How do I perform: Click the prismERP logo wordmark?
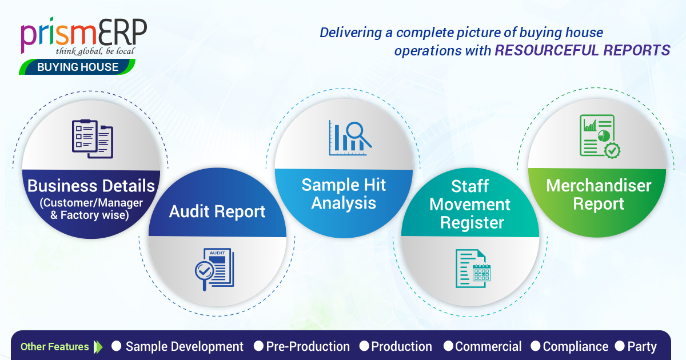click(x=83, y=35)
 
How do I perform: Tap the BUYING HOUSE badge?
click(x=77, y=67)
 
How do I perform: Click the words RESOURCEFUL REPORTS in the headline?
click(x=583, y=50)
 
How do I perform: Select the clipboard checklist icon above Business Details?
click(x=93, y=139)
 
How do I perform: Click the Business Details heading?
click(x=91, y=186)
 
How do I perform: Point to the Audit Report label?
click(x=217, y=211)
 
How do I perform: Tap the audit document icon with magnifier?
click(x=215, y=269)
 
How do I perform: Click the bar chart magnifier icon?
click(x=350, y=138)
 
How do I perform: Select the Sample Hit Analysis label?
click(x=344, y=194)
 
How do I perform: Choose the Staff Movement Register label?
click(x=470, y=204)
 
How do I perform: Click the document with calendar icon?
click(x=473, y=269)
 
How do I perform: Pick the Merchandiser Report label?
click(x=599, y=195)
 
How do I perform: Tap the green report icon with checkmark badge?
click(x=600, y=136)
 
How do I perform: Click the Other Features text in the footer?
click(x=54, y=347)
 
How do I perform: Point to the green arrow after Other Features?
click(x=98, y=347)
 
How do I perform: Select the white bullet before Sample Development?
click(x=117, y=346)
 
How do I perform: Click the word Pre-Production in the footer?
click(x=308, y=347)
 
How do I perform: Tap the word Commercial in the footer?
click(x=488, y=347)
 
